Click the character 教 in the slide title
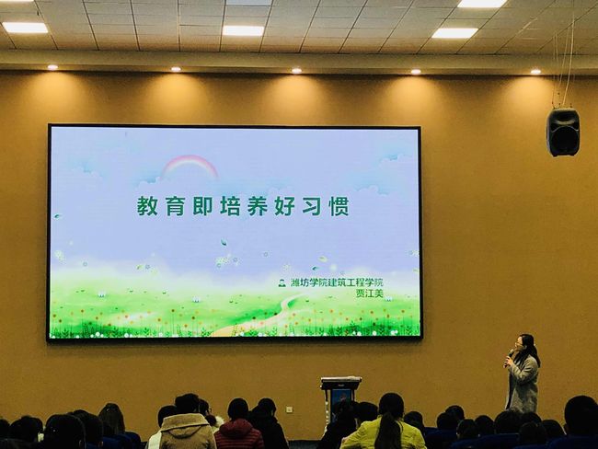pos(147,206)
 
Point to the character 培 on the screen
pos(230,206)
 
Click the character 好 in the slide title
pos(284,206)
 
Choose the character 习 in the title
pos(312,206)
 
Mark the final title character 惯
pos(339,206)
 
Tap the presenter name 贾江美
pos(369,294)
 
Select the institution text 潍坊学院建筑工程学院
pos(337,282)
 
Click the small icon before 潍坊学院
pos(282,283)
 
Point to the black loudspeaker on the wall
pos(563,132)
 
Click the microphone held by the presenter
pos(509,356)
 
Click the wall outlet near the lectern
pos(290,410)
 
